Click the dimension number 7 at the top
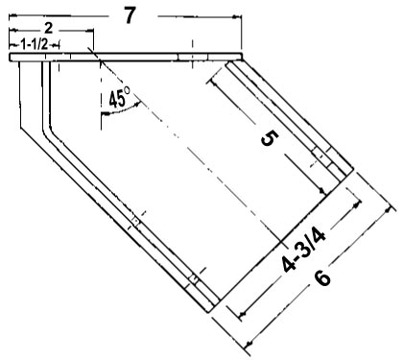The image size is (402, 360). pyautogui.click(x=130, y=15)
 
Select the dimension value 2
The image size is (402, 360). pyautogui.click(x=48, y=29)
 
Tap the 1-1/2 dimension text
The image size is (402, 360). pyautogui.click(x=35, y=44)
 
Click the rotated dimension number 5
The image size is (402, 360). pyautogui.click(x=270, y=138)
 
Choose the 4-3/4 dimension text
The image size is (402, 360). pyautogui.click(x=304, y=251)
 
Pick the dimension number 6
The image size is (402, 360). pyautogui.click(x=323, y=277)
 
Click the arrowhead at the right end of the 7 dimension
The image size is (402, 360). pyautogui.click(x=237, y=17)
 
